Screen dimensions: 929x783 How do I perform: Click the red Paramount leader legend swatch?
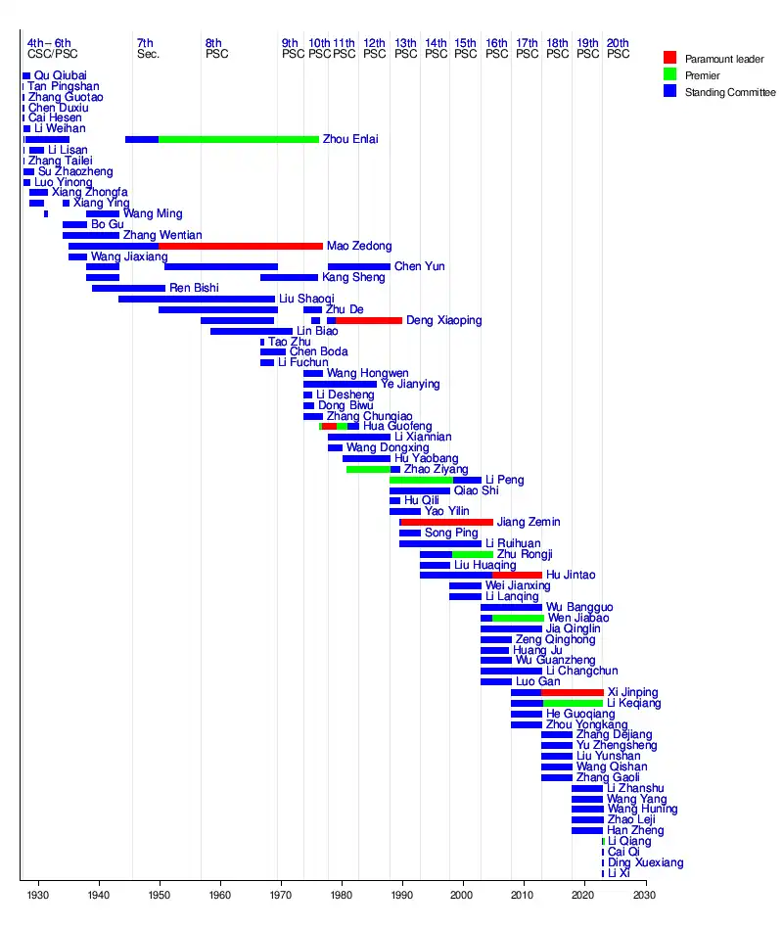point(669,58)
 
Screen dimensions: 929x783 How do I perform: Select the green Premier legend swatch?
point(669,75)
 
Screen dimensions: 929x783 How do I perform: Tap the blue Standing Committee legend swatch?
point(669,92)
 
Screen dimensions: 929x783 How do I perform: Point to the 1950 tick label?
point(160,895)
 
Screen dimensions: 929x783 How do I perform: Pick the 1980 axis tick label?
point(342,895)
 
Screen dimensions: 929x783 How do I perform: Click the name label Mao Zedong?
point(359,246)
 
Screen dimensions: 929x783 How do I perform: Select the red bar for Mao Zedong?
point(241,246)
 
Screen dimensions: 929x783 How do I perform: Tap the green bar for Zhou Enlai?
point(239,139)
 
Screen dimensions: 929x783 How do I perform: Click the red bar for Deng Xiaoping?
point(369,320)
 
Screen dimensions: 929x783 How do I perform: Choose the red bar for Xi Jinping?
point(573,692)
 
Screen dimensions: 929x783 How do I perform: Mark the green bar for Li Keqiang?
point(573,703)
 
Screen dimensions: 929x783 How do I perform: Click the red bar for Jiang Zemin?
point(447,522)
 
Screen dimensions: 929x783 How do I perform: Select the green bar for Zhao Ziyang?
point(368,469)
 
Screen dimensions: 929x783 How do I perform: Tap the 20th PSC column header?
point(618,48)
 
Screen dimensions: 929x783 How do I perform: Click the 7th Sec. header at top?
point(148,48)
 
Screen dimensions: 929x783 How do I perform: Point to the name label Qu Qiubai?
point(60,75)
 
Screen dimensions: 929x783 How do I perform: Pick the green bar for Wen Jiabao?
point(518,618)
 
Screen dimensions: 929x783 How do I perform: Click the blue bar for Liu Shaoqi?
point(197,299)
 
